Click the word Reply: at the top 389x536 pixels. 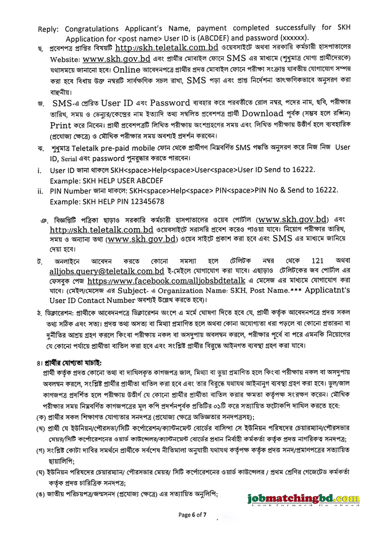pos(48,29)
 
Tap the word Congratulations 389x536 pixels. pos(91,29)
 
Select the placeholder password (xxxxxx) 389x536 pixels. pos(295,38)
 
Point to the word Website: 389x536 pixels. pos(65,60)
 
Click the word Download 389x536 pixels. pos(262,114)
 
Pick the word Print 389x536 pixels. pos(60,126)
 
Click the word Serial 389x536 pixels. pos(69,159)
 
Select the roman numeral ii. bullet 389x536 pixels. pos(40,192)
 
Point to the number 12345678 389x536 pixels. pos(147,202)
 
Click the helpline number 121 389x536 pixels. pos(317,261)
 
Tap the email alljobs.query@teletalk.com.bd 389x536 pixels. pos(107,271)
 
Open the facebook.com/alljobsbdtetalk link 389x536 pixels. pos(166,281)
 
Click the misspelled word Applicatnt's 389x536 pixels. pos(327,290)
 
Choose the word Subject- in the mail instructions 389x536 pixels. pos(133,291)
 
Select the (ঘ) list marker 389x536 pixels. pos(41,472)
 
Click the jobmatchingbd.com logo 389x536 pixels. pos(303,498)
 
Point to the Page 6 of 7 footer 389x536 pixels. pos(192,515)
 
